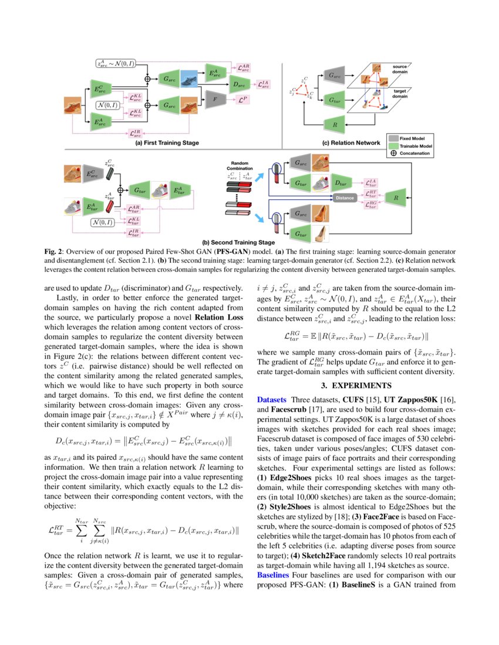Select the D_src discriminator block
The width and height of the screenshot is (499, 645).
click(238, 84)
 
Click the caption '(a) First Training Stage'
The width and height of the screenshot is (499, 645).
click(167, 142)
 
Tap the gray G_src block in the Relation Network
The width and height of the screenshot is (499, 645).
click(334, 76)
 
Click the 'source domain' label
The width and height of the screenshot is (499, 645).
click(400, 69)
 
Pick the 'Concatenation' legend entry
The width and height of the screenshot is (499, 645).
click(416, 153)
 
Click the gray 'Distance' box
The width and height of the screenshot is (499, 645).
click(345, 198)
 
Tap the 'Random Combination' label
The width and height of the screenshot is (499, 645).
click(240, 165)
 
